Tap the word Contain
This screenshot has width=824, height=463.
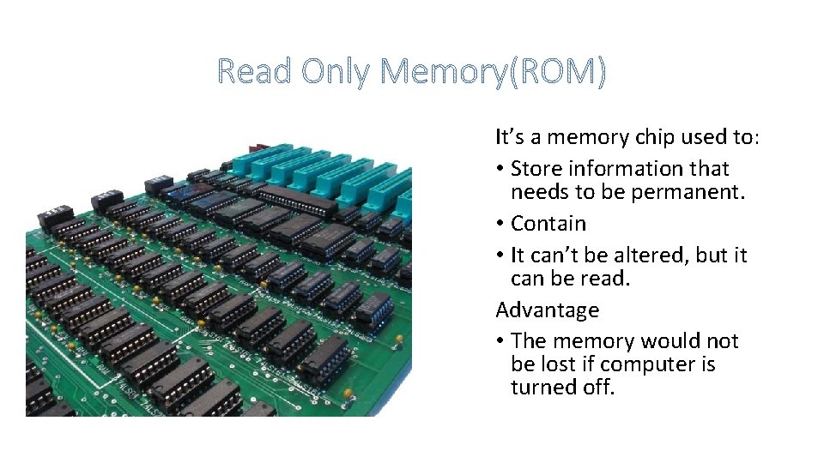pyautogui.click(x=548, y=224)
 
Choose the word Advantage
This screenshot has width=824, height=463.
pyautogui.click(x=547, y=310)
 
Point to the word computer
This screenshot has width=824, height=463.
pyautogui.click(x=651, y=364)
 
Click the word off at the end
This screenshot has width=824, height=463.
pyautogui.click(x=598, y=388)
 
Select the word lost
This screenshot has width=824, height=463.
pyautogui.click(x=555, y=364)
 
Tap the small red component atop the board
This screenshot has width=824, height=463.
pyautogui.click(x=257, y=148)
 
